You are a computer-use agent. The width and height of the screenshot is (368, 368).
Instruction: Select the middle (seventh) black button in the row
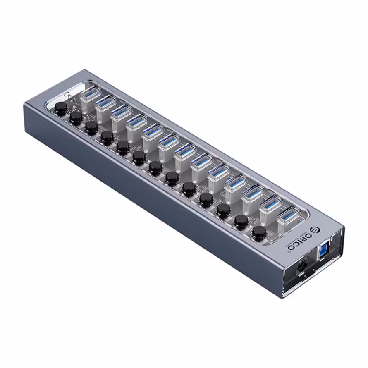tap(155, 167)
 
